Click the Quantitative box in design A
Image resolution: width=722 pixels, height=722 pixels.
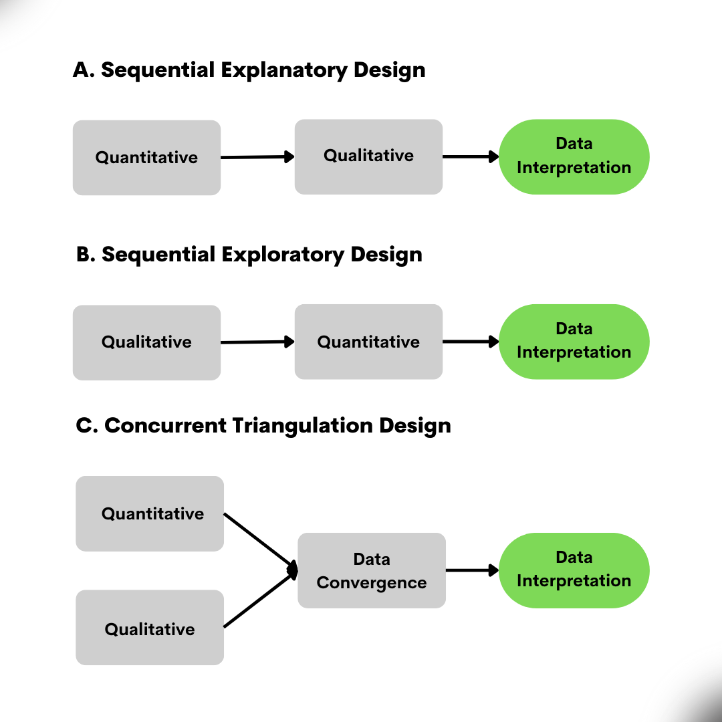click(x=146, y=158)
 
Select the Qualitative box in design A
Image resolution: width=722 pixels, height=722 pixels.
click(x=368, y=156)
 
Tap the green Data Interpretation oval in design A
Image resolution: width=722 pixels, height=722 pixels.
click(x=574, y=156)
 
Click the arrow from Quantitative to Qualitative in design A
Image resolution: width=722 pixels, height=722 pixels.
click(x=257, y=157)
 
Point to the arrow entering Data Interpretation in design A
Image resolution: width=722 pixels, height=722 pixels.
click(x=471, y=157)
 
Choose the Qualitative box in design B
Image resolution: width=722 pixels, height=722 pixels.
click(x=146, y=342)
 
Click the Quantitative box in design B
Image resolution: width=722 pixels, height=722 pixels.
click(x=368, y=342)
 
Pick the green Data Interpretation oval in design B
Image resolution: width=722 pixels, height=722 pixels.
click(x=574, y=341)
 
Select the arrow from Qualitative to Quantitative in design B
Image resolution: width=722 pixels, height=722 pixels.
click(x=257, y=342)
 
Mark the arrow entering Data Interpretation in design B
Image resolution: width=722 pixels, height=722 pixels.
click(x=471, y=342)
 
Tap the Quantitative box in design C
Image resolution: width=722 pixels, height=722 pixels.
click(x=150, y=513)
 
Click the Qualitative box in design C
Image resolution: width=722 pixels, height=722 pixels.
click(x=150, y=628)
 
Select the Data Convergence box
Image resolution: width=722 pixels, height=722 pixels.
click(x=372, y=570)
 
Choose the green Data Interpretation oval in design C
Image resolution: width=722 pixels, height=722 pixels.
click(x=574, y=570)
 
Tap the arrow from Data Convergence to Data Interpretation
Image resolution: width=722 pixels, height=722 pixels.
click(x=472, y=570)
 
